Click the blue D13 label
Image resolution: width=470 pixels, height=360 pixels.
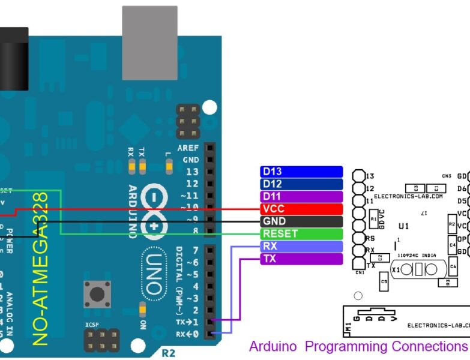(301, 172)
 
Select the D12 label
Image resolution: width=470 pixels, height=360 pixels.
(301, 184)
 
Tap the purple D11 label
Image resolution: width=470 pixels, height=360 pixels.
(301, 197)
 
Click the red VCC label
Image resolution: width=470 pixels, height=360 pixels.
(301, 209)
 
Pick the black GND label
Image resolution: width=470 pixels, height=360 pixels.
(301, 221)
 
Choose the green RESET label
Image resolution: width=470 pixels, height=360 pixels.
(301, 234)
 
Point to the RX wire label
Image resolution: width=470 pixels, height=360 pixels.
(301, 247)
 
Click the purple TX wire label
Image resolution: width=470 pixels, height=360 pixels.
(301, 259)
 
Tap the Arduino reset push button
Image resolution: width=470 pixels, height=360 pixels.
(96, 293)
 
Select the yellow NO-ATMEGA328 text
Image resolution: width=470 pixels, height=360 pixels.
(40, 269)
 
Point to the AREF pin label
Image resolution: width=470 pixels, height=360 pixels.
(188, 148)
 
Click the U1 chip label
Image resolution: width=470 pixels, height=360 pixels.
(404, 226)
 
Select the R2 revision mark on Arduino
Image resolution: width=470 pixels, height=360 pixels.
(169, 353)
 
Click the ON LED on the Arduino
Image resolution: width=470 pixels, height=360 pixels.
(142, 310)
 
